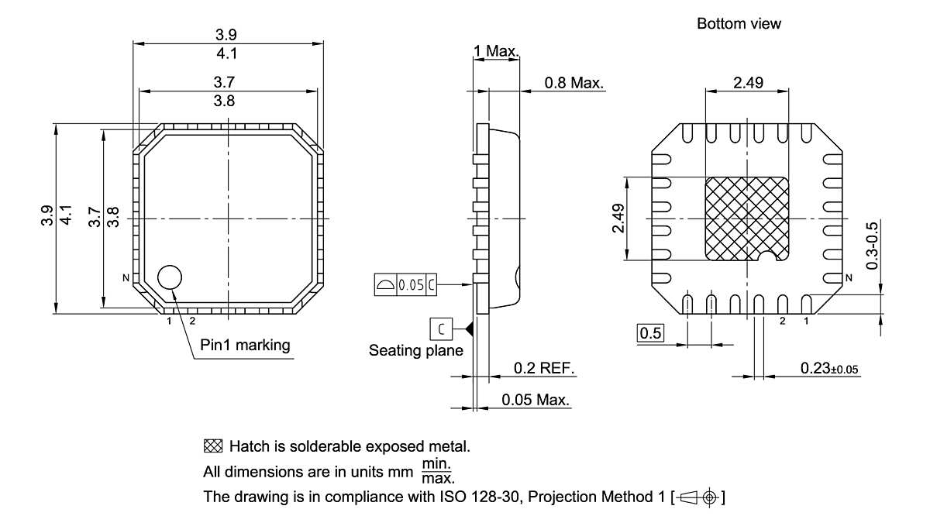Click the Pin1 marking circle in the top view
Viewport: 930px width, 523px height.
point(170,277)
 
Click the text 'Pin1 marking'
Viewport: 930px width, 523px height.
point(245,345)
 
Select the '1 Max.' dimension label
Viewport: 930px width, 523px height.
point(497,51)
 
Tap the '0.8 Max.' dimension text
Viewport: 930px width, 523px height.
point(574,83)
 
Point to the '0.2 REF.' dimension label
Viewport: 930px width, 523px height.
point(545,368)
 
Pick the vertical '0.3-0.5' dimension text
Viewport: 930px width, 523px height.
point(872,246)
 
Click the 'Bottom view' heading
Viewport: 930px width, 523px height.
point(739,24)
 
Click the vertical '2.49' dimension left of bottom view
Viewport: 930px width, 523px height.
point(618,218)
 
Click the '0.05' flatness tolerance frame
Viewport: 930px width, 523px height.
point(410,284)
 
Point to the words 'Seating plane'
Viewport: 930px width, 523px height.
point(415,350)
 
